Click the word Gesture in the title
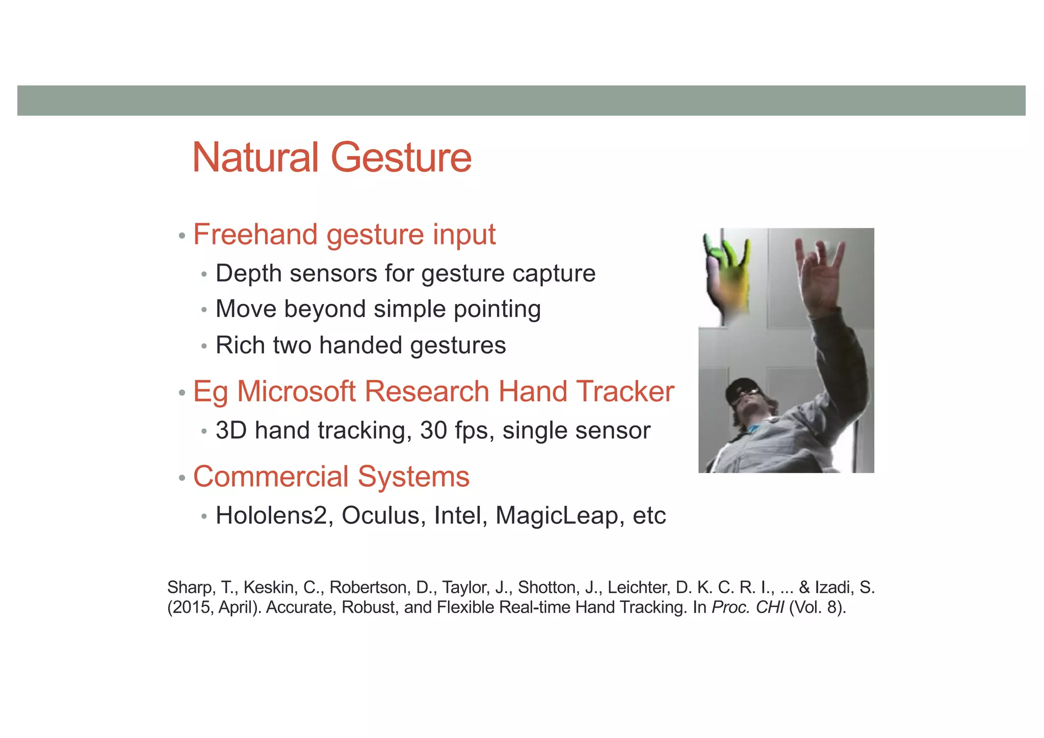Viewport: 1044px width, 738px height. [401, 158]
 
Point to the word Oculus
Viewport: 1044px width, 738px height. [384, 515]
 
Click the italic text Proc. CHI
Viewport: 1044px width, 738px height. [747, 608]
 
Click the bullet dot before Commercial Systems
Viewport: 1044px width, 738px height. [181, 479]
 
